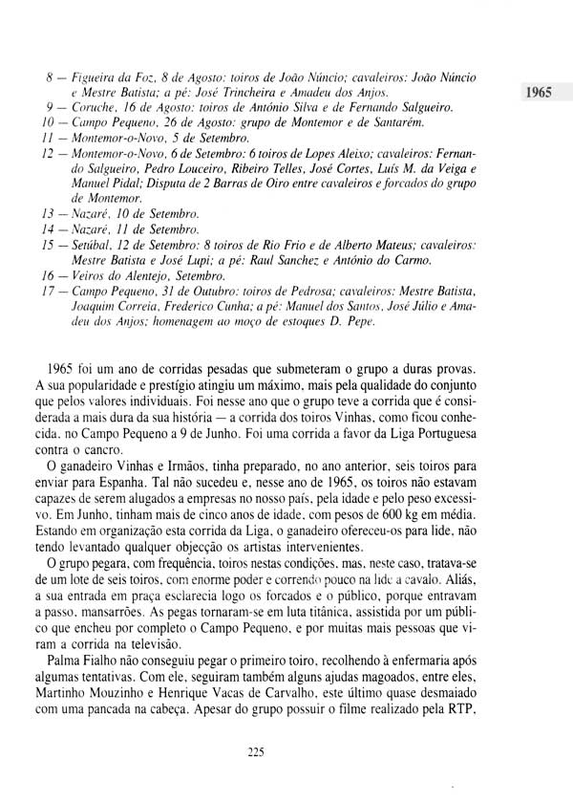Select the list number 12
coord(52,154)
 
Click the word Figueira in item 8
coord(95,76)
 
